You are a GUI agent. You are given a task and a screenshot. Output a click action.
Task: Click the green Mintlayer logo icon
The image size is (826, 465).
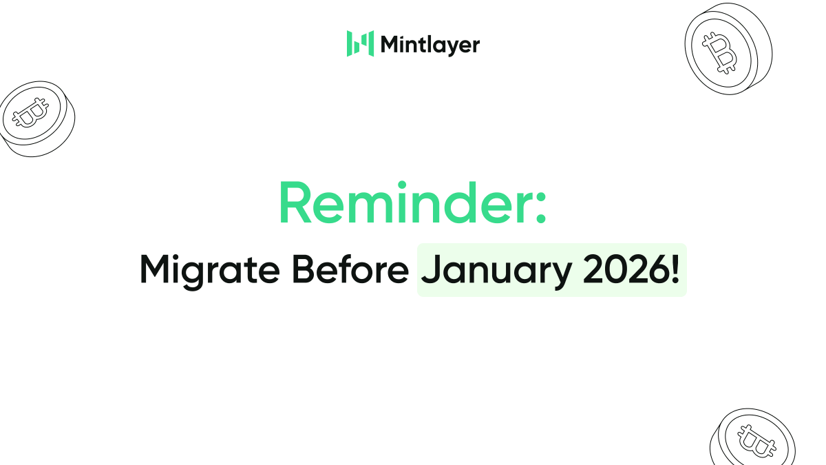tap(360, 43)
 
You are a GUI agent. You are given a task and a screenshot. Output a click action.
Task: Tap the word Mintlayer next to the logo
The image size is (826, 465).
tap(430, 45)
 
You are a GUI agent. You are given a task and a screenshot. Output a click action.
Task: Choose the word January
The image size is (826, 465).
tap(495, 271)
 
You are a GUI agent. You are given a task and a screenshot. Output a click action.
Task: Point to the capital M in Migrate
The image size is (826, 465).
tap(155, 270)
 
